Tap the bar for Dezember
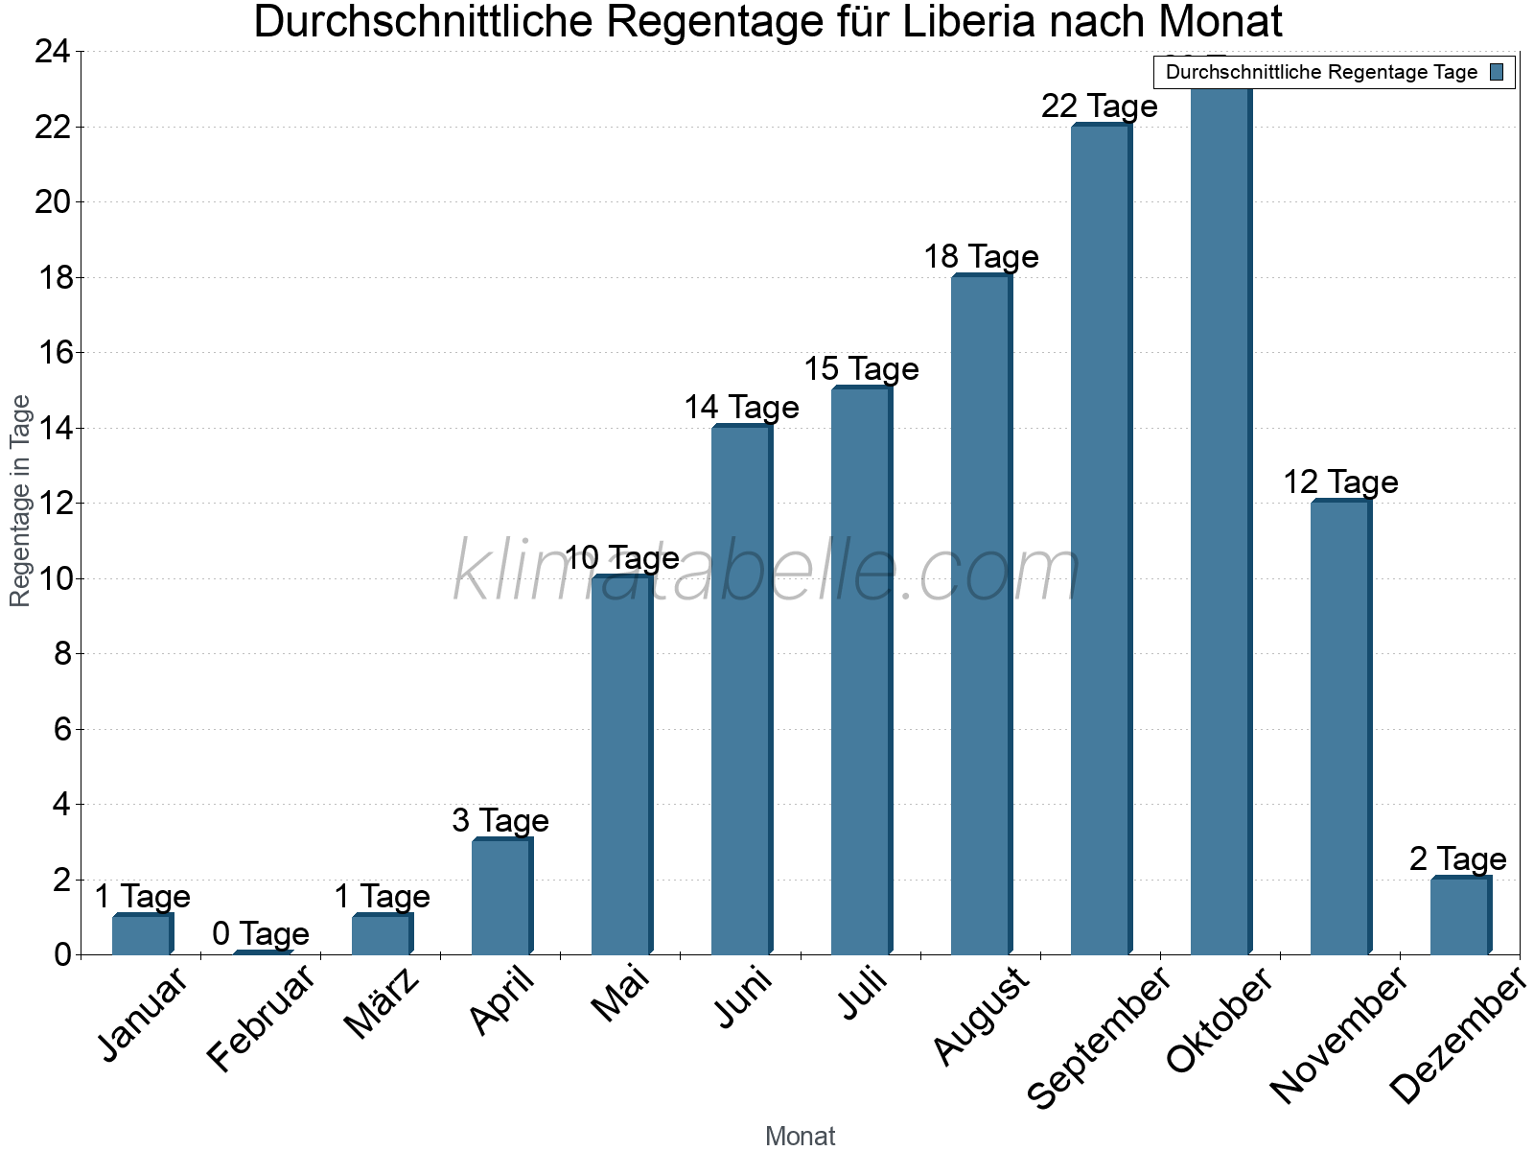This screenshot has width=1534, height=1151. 1460,916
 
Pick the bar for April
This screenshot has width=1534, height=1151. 501,897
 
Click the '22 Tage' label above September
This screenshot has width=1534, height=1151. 1100,106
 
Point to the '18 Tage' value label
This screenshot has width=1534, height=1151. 981,257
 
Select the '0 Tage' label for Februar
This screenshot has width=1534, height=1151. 261,933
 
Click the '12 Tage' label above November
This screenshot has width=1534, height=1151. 1340,482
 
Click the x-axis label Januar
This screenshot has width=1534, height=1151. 144,1016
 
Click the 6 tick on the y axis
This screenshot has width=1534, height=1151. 63,729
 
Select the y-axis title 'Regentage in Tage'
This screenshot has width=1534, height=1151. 21,501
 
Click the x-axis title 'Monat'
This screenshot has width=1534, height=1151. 800,1136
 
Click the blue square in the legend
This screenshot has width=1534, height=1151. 1497,72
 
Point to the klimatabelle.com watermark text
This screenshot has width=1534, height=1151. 767,572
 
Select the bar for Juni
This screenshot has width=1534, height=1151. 741,691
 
